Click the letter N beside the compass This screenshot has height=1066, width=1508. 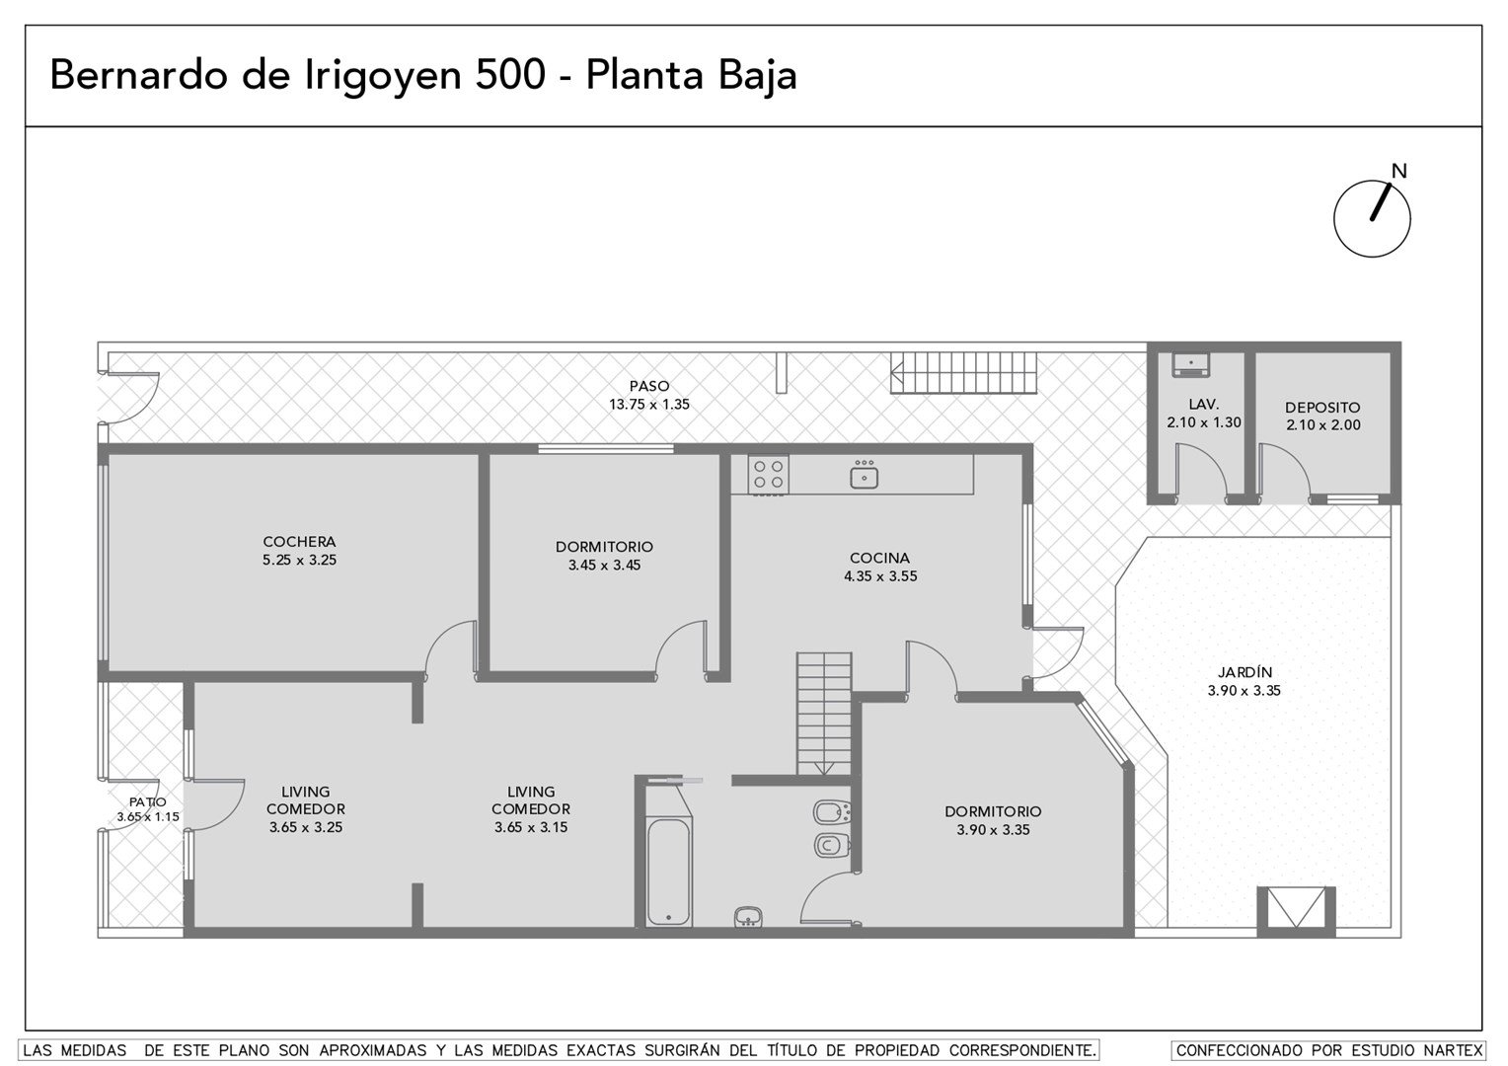click(1398, 171)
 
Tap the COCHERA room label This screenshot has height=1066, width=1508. click(299, 542)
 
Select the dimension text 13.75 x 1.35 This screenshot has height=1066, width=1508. click(649, 404)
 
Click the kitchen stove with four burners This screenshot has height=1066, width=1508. click(768, 474)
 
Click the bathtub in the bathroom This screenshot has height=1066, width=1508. click(668, 872)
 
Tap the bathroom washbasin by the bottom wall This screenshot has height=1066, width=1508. click(748, 917)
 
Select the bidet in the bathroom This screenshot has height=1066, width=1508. click(832, 812)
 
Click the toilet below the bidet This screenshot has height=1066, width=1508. click(832, 845)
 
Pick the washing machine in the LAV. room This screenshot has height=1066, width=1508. click(1190, 364)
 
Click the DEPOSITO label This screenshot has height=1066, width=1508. click(1322, 408)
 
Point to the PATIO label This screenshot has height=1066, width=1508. click(147, 802)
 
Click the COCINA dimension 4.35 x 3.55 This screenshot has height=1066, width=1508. click(880, 575)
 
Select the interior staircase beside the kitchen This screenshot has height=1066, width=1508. click(824, 714)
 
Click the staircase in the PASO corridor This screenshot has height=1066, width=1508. click(963, 372)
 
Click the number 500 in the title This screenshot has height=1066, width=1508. click(509, 75)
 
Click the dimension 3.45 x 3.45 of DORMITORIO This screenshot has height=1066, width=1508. click(604, 565)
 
